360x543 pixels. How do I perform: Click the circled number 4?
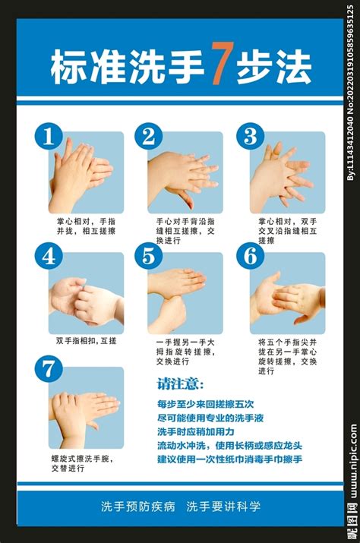[49, 256]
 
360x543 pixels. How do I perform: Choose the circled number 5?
[149, 256]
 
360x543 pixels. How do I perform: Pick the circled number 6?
[250, 256]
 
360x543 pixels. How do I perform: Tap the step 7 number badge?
[49, 369]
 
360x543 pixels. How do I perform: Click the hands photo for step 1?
[86, 172]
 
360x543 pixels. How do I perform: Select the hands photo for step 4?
[86, 293]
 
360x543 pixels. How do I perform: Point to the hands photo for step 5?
[185, 293]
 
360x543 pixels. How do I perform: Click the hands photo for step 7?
[86, 408]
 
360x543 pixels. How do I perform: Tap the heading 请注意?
[180, 384]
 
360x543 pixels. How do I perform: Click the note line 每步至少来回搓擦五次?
[205, 404]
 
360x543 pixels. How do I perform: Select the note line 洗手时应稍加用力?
[196, 432]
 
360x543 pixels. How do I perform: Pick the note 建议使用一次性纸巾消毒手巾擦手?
[229, 459]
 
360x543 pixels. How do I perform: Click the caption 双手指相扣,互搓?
[87, 341]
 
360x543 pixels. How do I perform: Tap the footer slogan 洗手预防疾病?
[138, 507]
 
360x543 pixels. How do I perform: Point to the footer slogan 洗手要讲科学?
[223, 507]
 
